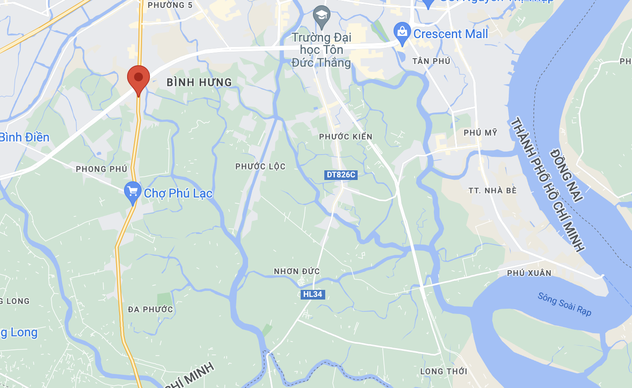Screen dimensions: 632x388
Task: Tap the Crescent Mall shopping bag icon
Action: click(402, 33)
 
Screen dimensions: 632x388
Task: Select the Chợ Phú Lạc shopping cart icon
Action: click(132, 192)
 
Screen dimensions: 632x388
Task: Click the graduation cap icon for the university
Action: click(322, 16)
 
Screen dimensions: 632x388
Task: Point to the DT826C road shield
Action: click(341, 175)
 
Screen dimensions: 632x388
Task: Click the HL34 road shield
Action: click(312, 294)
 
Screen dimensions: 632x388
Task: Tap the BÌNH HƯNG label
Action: click(199, 82)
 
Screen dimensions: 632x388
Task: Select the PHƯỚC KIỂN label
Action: click(345, 137)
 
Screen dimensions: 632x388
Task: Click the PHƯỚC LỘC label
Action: click(260, 166)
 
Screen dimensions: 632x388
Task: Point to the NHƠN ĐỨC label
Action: click(297, 272)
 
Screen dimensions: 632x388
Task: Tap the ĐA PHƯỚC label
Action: click(150, 310)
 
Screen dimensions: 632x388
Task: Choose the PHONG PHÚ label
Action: click(101, 169)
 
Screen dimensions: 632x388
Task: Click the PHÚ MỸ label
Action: click(480, 132)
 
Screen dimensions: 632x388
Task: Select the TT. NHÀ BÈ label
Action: click(493, 190)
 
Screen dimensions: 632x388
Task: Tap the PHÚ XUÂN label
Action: click(529, 273)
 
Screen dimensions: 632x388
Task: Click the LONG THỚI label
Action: click(444, 371)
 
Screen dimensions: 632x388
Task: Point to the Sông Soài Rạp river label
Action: click(565, 304)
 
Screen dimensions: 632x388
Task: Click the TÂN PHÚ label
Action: click(431, 61)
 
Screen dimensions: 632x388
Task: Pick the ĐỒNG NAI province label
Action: click(567, 176)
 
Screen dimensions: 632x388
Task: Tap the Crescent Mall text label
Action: click(451, 34)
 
